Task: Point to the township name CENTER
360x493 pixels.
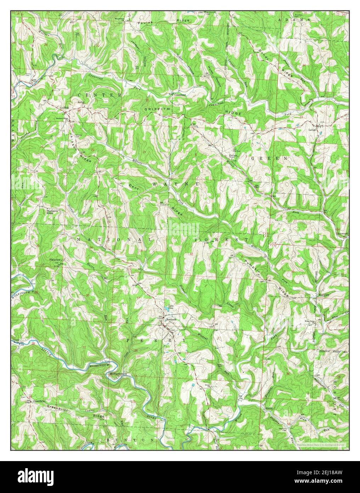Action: pos(99,95)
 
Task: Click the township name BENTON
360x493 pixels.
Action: pos(130,439)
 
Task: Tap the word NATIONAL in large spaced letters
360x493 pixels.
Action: pos(114,240)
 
